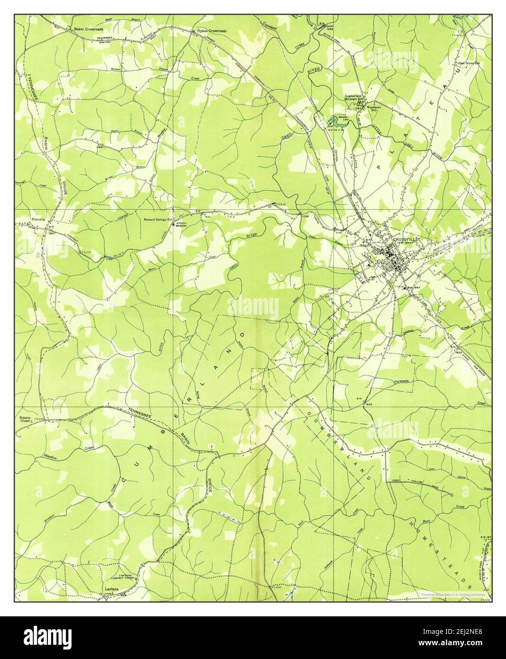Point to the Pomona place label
coord(37,220)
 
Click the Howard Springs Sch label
coord(160,220)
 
